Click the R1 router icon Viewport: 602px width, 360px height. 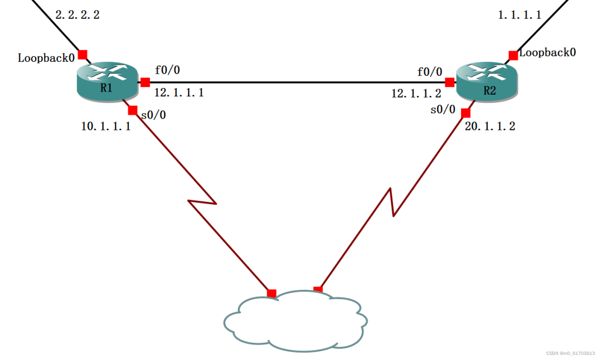coord(106,82)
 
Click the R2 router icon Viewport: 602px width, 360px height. coord(487,82)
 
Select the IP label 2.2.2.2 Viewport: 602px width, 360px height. coord(77,15)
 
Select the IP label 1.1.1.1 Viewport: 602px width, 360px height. coord(520,15)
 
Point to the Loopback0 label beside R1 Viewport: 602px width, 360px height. coord(46,57)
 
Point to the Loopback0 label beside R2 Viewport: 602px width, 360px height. coord(547,53)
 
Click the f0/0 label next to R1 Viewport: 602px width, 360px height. coord(168,70)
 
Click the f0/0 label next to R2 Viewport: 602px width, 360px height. coord(430,72)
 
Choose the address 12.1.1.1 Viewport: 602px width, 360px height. coord(179,93)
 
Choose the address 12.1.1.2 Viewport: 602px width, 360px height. coord(416,94)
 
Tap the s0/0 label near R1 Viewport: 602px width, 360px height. coord(153,115)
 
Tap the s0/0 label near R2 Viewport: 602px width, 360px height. coord(443,110)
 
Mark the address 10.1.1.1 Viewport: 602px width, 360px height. coord(106,127)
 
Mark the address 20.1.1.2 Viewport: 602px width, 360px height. coord(490,127)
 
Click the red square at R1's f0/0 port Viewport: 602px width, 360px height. coord(145,82)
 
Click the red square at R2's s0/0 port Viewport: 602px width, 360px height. coord(465,113)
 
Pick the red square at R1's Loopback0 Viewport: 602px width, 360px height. coord(82,55)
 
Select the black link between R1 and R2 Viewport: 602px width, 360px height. coord(295,82)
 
